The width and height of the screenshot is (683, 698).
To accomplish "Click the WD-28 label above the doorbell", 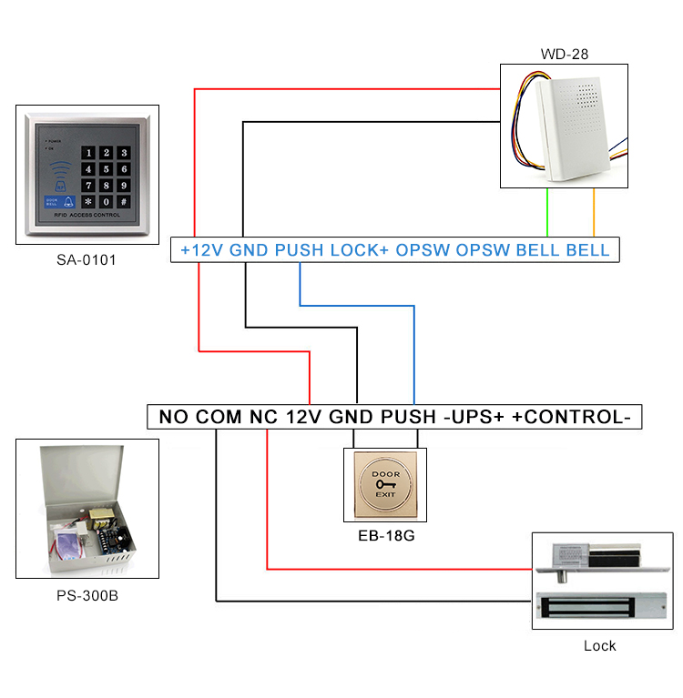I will tap(565, 54).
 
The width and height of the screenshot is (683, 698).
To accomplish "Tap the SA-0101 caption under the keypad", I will tap(87, 260).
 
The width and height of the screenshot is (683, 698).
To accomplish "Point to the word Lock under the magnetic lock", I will tap(599, 645).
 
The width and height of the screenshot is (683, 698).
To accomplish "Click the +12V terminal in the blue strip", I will tap(201, 250).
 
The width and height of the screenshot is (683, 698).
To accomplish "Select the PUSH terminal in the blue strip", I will tap(297, 250).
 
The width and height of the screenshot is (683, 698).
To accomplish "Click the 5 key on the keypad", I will tap(106, 168).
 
